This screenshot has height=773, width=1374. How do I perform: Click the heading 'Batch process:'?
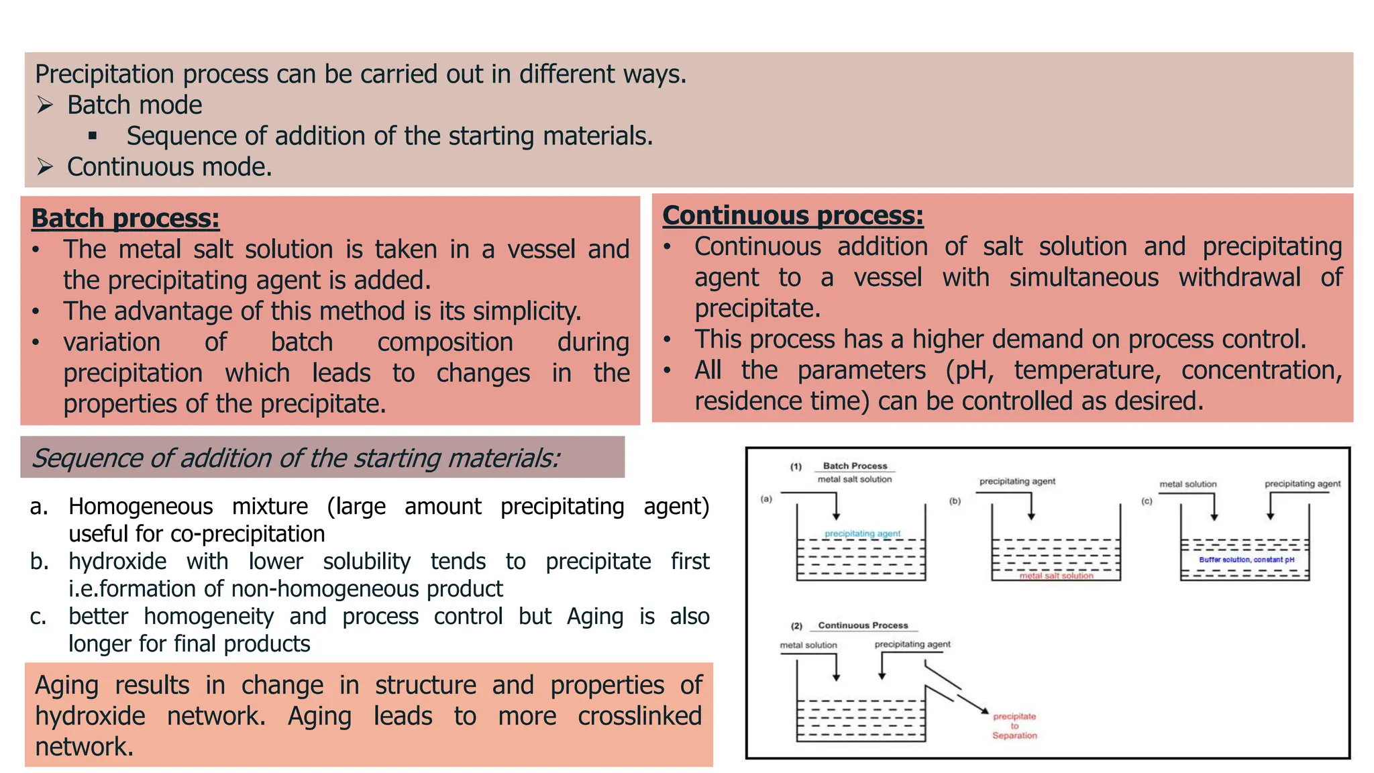[125, 219]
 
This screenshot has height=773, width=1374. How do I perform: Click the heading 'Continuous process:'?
[793, 216]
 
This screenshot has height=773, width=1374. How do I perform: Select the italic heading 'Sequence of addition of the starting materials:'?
[295, 458]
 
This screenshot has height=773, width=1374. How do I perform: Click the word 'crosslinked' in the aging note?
[639, 716]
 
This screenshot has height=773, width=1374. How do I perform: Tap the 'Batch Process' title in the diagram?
[855, 466]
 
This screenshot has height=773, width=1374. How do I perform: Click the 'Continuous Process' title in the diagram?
[863, 625]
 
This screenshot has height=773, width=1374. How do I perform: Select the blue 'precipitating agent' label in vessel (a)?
[862, 533]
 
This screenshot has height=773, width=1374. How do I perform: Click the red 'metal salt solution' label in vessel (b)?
[1056, 576]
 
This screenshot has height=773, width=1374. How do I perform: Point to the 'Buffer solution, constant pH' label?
[1247, 560]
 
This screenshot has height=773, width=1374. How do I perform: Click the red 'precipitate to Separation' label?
[1014, 726]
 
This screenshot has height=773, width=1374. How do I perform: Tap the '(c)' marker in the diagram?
[1147, 501]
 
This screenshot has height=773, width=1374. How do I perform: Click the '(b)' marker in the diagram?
[955, 501]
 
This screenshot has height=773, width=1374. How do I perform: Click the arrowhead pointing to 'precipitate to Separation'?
[985, 711]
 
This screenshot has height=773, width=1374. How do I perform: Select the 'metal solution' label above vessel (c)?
[1187, 484]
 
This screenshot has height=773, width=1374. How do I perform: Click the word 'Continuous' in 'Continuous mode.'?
[131, 167]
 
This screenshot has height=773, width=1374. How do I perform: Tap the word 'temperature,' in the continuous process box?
[1087, 370]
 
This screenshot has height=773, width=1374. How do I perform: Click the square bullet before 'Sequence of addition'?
[93, 136]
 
